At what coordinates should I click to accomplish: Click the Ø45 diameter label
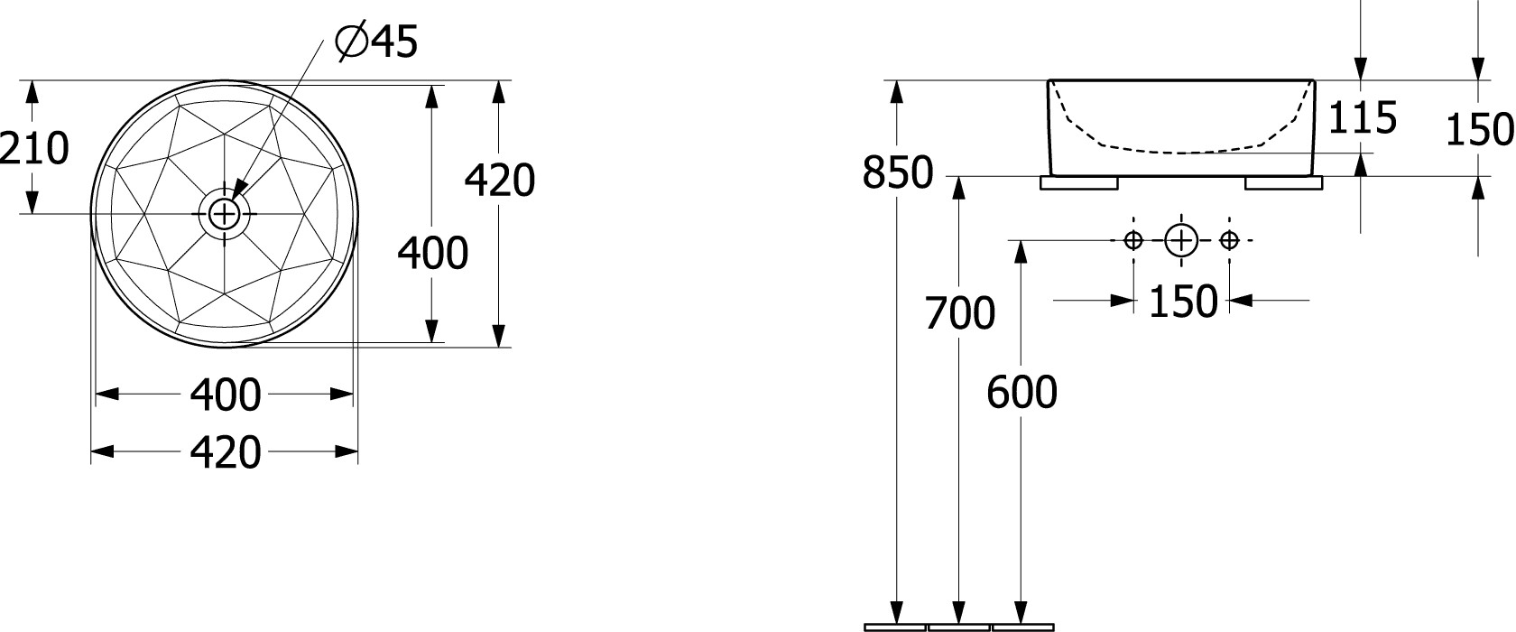click(377, 42)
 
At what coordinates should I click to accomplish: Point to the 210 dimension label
click(34, 148)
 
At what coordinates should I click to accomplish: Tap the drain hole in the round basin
click(224, 214)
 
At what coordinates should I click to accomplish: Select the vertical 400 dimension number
click(432, 254)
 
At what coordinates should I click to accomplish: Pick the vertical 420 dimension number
click(500, 181)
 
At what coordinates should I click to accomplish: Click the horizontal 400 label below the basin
click(226, 395)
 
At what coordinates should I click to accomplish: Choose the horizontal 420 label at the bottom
click(226, 452)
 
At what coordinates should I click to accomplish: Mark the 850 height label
click(897, 172)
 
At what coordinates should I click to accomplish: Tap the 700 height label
click(960, 313)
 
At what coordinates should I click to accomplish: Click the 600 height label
click(1021, 392)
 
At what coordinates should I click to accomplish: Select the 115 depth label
click(1363, 118)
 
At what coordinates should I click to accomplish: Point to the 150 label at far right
click(1480, 130)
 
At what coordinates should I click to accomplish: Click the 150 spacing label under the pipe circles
click(1183, 302)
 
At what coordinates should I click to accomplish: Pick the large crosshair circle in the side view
click(1181, 240)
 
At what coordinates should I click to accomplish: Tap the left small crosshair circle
click(1133, 240)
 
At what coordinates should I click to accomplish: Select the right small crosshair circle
click(1229, 240)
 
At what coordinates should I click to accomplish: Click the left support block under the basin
click(1079, 183)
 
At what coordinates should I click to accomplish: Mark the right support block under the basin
click(1284, 183)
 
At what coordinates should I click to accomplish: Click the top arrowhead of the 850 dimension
click(897, 92)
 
